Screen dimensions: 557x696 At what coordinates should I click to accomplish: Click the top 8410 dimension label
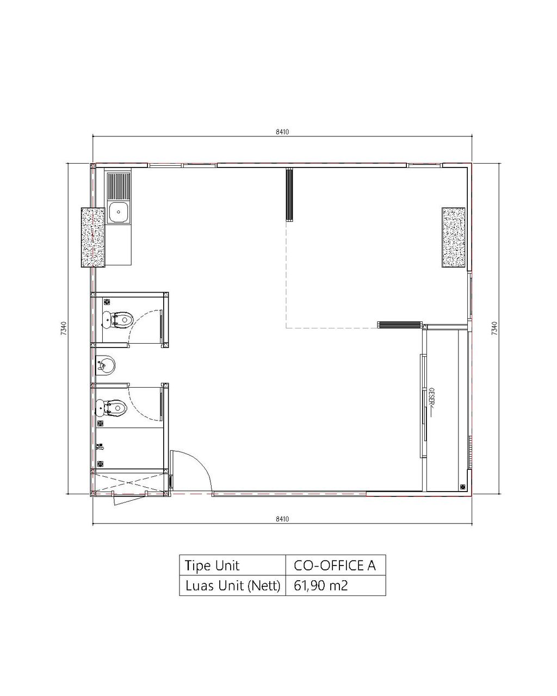pos(282,132)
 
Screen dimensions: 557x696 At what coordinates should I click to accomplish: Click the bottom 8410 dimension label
pos(282,519)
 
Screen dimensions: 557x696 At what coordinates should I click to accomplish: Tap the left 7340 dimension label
pos(64,328)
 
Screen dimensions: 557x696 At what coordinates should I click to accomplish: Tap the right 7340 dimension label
pos(493,328)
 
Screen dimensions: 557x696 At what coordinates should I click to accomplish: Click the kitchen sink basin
pos(119,212)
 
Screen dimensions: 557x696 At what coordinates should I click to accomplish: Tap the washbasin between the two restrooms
pos(106,366)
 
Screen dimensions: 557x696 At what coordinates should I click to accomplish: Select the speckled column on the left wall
pos(93,238)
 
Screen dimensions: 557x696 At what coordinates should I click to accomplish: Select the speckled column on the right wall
pos(453,238)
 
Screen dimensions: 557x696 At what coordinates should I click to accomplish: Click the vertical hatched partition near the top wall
pos(289,195)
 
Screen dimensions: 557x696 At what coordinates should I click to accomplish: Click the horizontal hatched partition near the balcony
pos(400,325)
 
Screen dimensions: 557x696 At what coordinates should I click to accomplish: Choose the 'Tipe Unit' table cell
pos(232,565)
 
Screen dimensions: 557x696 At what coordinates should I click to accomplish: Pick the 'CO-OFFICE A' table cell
pos(336,565)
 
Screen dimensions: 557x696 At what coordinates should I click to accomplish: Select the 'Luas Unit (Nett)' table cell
pos(232,586)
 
